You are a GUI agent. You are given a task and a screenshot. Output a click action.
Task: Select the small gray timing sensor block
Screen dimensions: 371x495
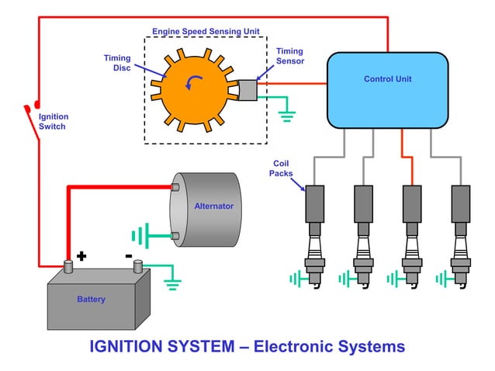247,90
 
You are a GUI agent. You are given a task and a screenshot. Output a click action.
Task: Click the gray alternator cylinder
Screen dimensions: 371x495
206,210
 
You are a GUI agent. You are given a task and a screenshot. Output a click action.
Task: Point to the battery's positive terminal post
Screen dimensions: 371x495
67,266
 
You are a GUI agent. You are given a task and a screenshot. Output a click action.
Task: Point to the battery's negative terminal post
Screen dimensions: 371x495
137,266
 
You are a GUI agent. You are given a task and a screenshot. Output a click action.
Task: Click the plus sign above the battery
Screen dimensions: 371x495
81,255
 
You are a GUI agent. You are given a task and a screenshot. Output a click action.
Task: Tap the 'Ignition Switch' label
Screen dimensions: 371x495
53,121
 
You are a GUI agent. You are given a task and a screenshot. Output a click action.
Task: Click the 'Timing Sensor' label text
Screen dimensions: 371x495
289,56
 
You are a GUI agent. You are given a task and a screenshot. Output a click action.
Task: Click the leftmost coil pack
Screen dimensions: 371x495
314,203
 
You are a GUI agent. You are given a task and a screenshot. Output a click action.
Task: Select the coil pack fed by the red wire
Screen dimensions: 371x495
411,203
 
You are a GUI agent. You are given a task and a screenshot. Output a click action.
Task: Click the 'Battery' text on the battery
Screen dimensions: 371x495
91,299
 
